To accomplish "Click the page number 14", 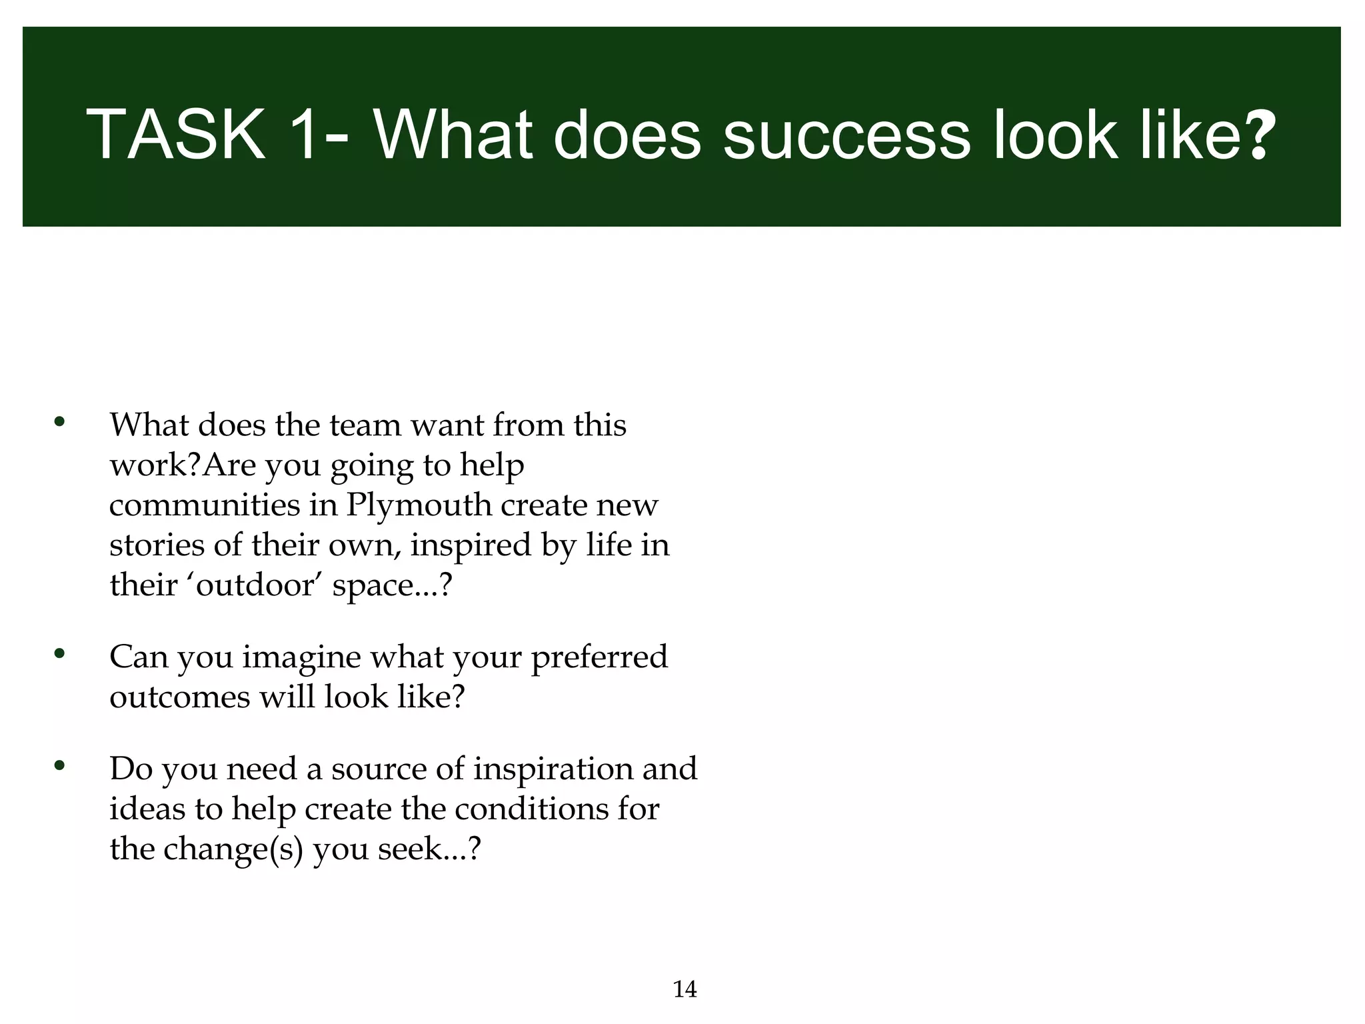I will pos(685,989).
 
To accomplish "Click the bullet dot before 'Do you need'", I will pos(59,765).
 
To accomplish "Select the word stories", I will pos(157,545).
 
